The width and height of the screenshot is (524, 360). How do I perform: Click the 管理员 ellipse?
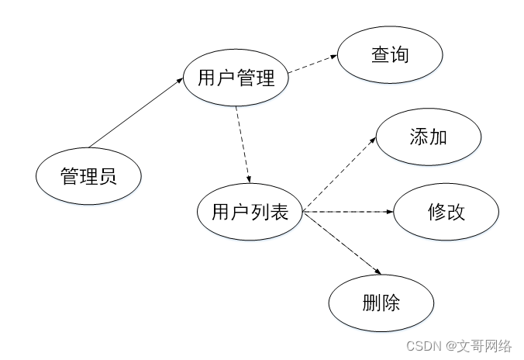point(89,176)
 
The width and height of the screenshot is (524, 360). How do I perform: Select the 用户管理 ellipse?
point(236,78)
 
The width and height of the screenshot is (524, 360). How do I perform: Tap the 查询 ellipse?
point(389,55)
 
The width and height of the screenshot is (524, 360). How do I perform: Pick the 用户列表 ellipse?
point(250,211)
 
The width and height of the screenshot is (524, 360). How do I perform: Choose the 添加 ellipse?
point(428,137)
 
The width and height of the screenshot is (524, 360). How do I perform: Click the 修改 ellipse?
point(446,211)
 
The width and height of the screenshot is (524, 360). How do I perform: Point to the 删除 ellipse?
point(381,302)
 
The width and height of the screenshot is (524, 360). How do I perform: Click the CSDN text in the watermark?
point(422,345)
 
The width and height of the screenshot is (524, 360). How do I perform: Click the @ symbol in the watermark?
point(447,345)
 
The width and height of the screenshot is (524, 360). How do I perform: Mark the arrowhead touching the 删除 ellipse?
point(378,271)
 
